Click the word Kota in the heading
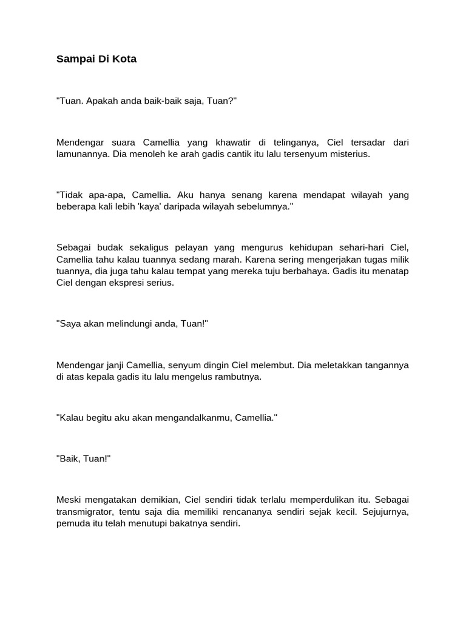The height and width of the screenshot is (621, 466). [x=125, y=59]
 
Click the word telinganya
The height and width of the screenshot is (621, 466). [x=289, y=143]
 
